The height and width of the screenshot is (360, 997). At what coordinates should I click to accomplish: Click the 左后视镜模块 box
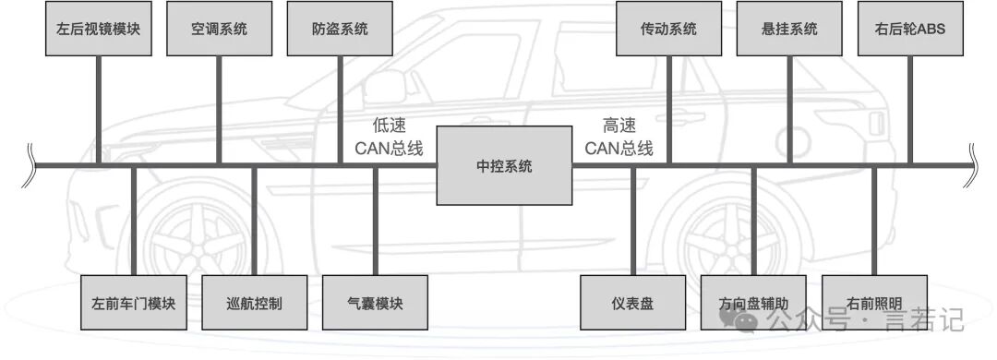99,29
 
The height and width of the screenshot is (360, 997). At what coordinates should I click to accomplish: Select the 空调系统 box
220,29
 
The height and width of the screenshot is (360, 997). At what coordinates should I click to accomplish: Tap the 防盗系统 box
340,29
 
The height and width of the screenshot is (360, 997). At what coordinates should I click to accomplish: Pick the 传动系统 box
669,29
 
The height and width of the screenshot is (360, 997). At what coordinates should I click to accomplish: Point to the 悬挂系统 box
789,29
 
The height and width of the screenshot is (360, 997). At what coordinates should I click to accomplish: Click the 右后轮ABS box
910,29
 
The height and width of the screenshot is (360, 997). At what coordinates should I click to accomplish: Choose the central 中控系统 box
504,165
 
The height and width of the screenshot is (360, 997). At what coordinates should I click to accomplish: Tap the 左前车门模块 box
134,303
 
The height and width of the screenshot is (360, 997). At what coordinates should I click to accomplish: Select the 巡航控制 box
255,303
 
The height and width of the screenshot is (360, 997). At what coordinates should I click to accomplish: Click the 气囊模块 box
375,303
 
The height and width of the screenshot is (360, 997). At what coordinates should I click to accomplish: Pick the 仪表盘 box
632,303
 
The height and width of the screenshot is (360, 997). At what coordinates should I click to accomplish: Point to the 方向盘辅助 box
753,303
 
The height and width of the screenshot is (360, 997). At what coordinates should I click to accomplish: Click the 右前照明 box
874,303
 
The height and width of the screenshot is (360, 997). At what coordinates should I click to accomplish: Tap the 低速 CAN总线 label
389,138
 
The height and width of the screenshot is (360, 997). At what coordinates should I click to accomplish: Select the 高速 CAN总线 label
619,138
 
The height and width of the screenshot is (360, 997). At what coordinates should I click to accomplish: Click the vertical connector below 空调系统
219,110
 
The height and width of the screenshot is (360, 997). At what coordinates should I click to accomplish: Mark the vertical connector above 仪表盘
633,222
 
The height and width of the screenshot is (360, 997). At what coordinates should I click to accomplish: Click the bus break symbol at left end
28,165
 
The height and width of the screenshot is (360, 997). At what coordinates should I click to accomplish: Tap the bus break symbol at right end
971,165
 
